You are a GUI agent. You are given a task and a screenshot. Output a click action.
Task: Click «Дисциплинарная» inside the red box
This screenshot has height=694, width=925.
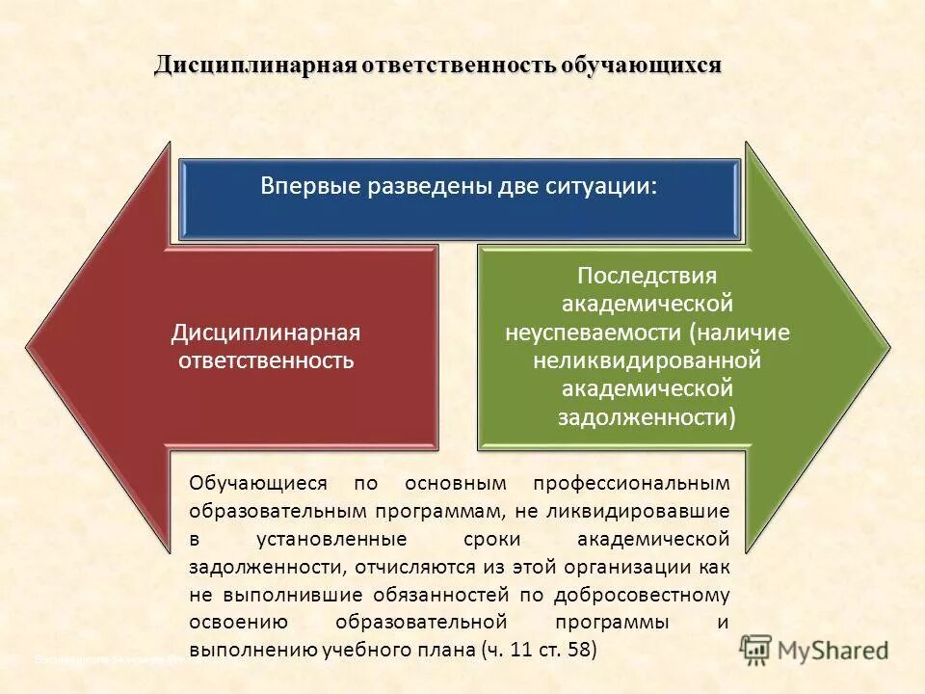[x=266, y=333]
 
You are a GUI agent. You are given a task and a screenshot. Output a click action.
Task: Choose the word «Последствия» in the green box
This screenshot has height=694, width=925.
[x=647, y=276]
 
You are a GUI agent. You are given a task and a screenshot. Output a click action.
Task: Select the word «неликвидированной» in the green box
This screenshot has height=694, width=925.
[x=647, y=360]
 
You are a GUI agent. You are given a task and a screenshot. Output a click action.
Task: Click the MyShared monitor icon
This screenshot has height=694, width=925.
[x=756, y=650]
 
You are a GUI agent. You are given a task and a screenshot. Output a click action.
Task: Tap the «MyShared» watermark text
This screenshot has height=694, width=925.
[x=832, y=651]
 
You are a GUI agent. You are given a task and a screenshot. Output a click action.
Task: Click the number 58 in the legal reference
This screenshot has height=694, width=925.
[x=578, y=650]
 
